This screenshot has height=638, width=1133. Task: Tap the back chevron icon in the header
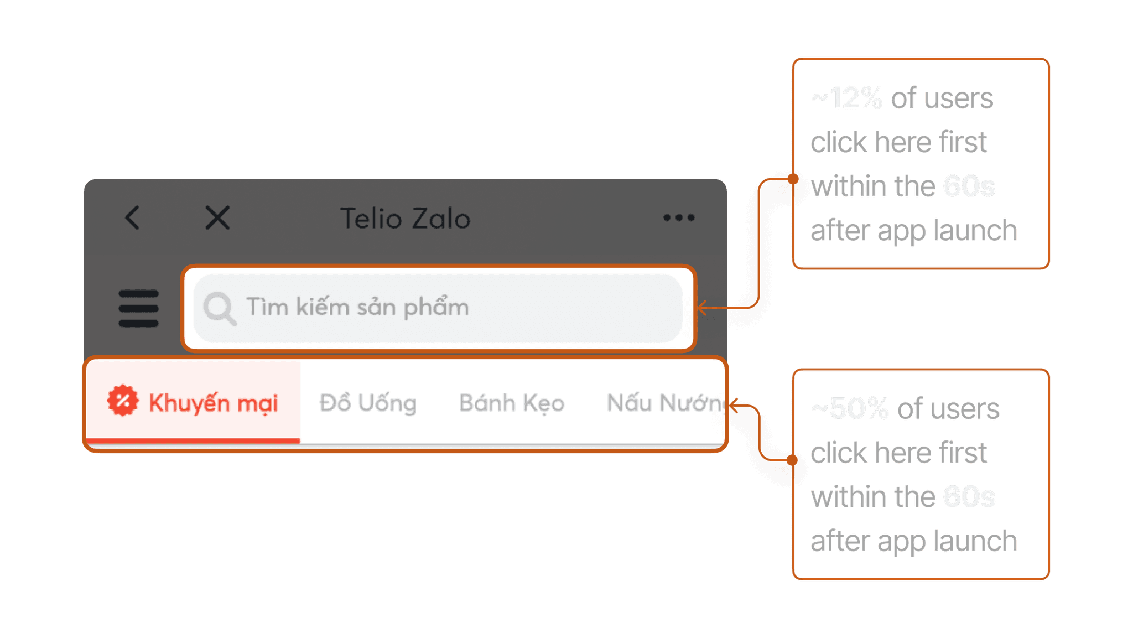(x=132, y=217)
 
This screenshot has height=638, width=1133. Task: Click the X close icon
(x=217, y=217)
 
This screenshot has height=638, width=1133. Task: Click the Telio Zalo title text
(x=405, y=219)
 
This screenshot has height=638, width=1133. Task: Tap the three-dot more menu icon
(x=679, y=217)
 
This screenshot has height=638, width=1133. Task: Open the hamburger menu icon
(x=138, y=308)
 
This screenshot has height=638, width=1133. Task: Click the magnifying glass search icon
(x=220, y=308)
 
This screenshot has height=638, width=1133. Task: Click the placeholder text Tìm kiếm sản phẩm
(x=357, y=307)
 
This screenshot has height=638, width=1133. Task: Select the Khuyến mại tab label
(x=213, y=403)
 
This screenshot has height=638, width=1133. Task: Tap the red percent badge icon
(x=123, y=401)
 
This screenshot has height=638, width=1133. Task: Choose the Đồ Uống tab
(x=368, y=403)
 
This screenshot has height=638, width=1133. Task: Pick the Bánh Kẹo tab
(x=512, y=403)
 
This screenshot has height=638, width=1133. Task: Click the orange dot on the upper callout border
(x=793, y=179)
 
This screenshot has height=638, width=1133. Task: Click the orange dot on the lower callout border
(x=793, y=460)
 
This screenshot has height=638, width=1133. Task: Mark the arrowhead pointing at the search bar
(x=701, y=308)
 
